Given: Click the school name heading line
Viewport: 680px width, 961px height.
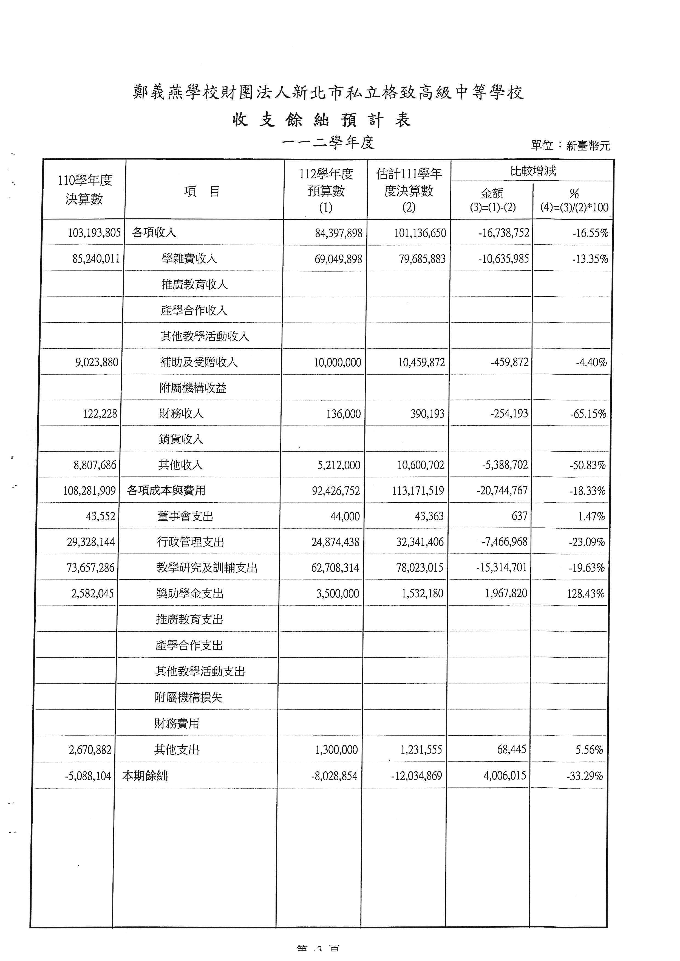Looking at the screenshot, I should click(328, 92).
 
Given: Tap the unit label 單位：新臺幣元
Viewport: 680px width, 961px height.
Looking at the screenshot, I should click(570, 146).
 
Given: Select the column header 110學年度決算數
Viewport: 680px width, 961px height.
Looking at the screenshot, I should click(84, 190).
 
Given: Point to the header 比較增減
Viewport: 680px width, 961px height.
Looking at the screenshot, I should click(532, 171).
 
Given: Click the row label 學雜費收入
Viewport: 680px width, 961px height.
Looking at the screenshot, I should click(189, 259).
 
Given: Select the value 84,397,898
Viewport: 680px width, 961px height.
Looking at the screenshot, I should click(338, 233).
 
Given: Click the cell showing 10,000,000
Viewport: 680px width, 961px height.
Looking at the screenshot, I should click(338, 363).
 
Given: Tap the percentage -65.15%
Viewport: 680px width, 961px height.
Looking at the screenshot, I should click(588, 414).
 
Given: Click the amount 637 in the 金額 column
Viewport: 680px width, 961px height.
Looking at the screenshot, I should click(519, 516).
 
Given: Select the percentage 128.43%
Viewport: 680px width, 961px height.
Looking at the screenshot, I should click(585, 594).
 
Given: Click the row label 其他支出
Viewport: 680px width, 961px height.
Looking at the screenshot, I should click(176, 750).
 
